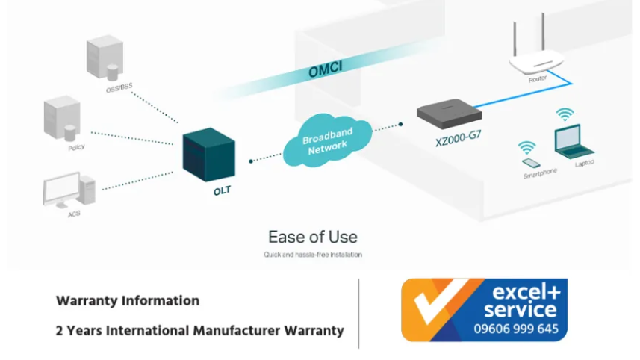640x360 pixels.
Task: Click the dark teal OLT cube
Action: tap(210, 155)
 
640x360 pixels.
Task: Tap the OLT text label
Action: tap(222, 190)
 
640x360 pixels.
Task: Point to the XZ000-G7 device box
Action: tap(450, 114)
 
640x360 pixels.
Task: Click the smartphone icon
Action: tap(529, 161)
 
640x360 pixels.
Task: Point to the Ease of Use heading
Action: tap(313, 238)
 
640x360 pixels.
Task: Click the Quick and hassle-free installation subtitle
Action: tap(313, 255)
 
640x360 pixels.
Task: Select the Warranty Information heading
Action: tap(128, 301)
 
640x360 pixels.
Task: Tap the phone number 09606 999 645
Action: tap(516, 329)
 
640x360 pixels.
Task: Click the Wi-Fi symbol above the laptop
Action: tap(565, 114)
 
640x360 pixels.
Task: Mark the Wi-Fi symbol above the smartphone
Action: tap(527, 146)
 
